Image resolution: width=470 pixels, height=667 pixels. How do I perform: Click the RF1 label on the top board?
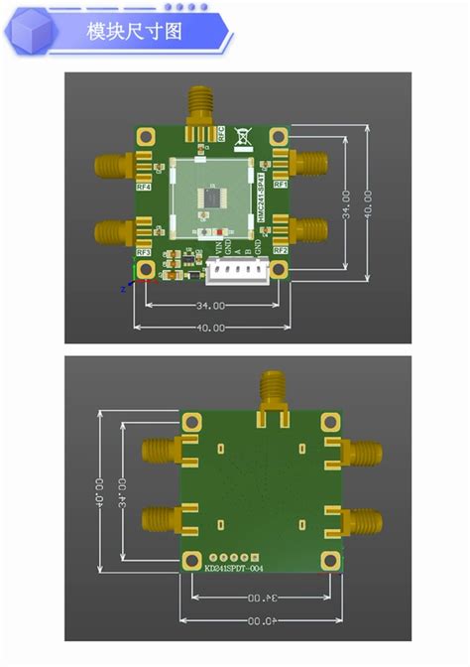pyautogui.click(x=280, y=185)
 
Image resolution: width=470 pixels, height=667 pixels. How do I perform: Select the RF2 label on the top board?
pyautogui.click(x=281, y=251)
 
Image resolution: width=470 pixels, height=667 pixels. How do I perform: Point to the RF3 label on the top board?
pyautogui.click(x=144, y=252)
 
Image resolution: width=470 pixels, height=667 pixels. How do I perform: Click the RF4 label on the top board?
pyautogui.click(x=144, y=186)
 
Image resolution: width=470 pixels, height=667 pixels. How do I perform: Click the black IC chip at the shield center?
pyautogui.click(x=211, y=197)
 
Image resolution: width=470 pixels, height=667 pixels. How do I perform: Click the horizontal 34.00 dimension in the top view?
pyautogui.click(x=210, y=306)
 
